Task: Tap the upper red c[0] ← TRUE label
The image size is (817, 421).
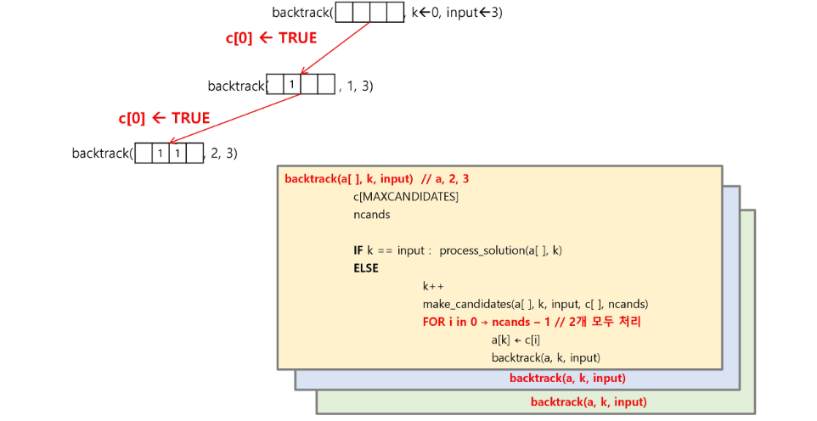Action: click(271, 38)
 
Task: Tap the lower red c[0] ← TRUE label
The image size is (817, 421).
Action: click(164, 118)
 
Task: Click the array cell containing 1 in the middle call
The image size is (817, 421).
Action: click(291, 85)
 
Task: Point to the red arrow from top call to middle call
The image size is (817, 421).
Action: click(335, 48)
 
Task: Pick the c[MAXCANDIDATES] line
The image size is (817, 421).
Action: click(406, 197)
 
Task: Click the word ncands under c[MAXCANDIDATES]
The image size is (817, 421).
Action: click(372, 215)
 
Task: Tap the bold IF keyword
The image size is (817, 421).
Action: click(359, 250)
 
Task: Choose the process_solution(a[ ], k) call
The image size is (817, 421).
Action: click(500, 250)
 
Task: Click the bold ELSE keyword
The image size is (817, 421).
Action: click(366, 268)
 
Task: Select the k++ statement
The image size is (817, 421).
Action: click(433, 287)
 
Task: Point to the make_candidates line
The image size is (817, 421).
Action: click(535, 304)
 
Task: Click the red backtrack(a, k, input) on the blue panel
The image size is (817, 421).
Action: click(567, 378)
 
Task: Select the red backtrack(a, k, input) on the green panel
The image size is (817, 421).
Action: click(589, 401)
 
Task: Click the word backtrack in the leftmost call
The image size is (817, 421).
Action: click(101, 154)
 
